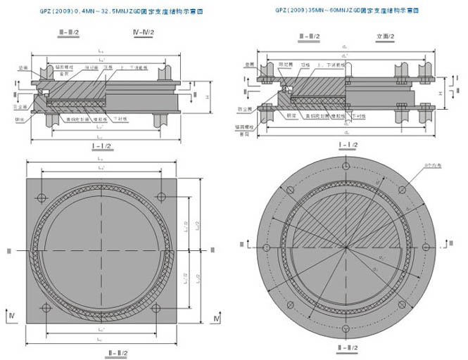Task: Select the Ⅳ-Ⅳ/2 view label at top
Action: [145, 33]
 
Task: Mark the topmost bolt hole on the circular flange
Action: [345, 167]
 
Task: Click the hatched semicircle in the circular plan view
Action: [345, 225]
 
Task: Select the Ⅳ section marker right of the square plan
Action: [217, 319]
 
